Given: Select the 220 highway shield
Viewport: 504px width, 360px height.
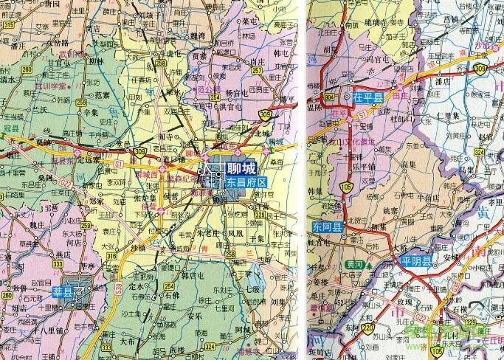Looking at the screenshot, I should (x=367, y=328).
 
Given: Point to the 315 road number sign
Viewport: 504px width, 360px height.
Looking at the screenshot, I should (x=8, y=25).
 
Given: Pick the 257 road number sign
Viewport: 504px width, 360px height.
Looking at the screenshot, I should (x=257, y=72).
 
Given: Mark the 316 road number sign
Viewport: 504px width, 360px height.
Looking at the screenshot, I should (x=111, y=256).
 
